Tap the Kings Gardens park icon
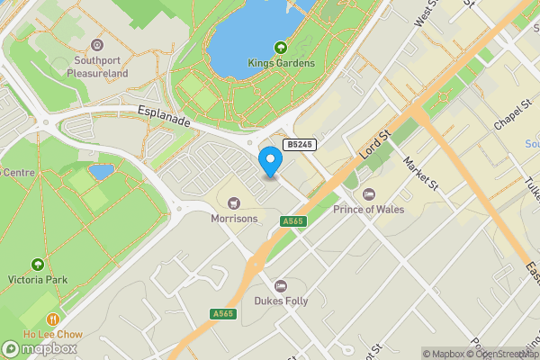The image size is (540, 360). [x=281, y=48]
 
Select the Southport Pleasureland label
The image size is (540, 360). [x=97, y=67]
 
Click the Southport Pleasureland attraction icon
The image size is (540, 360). [x=97, y=44]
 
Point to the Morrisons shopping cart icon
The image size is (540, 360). [x=234, y=202]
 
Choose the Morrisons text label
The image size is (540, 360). [x=234, y=219]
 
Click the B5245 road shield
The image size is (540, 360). [x=299, y=144]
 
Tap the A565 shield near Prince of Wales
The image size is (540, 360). [x=292, y=221]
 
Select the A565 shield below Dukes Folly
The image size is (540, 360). [x=223, y=313]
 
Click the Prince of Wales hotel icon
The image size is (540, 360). [x=368, y=194]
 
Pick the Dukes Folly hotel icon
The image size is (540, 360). [x=281, y=285]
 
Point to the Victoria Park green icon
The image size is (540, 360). [x=37, y=265]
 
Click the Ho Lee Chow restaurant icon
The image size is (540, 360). [x=53, y=319]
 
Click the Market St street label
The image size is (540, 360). [x=420, y=174]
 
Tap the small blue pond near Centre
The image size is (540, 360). [x=102, y=171]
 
